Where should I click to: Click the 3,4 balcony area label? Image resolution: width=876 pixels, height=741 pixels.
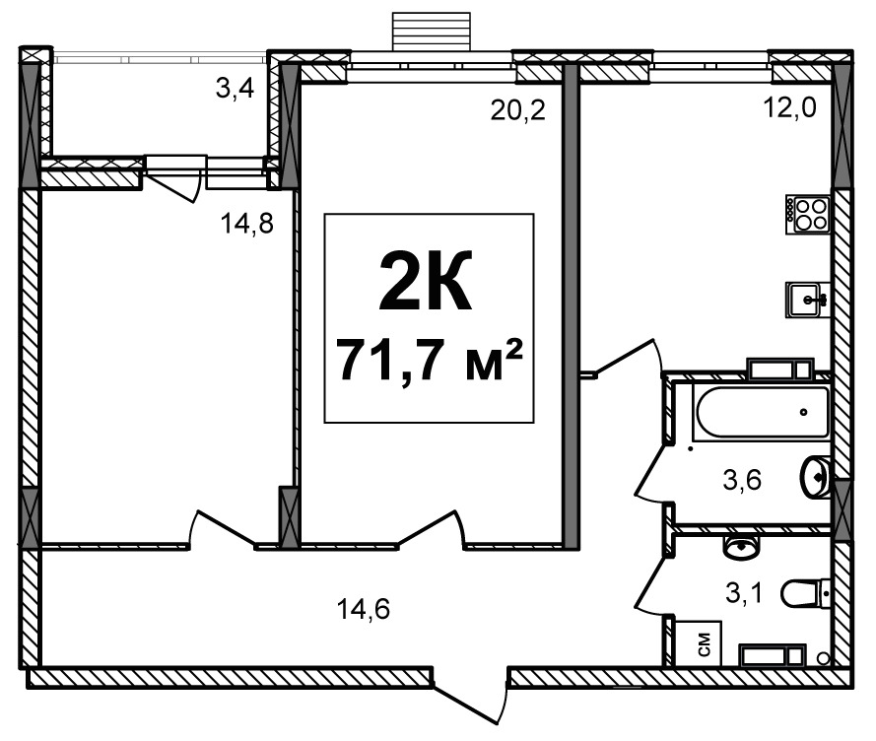[236, 89]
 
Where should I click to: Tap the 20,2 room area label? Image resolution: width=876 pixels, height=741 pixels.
[517, 110]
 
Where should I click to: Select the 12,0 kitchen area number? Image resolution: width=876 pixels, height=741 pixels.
[789, 107]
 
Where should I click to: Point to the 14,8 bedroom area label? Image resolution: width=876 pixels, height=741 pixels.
[247, 224]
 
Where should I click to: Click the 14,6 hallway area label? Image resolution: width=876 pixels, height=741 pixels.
[364, 609]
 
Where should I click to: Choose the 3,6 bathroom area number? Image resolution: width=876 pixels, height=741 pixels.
[742, 480]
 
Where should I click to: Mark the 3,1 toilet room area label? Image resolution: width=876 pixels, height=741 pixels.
[744, 593]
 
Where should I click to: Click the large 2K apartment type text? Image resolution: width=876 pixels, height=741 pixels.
[426, 280]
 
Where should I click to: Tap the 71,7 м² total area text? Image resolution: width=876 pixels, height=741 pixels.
[431, 361]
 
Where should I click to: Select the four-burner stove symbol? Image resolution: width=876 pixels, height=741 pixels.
[807, 215]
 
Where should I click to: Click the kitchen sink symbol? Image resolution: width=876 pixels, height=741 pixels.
[808, 300]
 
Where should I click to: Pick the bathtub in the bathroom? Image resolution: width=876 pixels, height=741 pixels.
[762, 412]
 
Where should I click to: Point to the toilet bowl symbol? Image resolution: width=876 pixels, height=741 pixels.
[805, 593]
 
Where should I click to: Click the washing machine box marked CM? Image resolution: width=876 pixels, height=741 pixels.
[699, 643]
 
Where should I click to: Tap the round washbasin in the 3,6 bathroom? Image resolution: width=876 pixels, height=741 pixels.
[816, 477]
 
